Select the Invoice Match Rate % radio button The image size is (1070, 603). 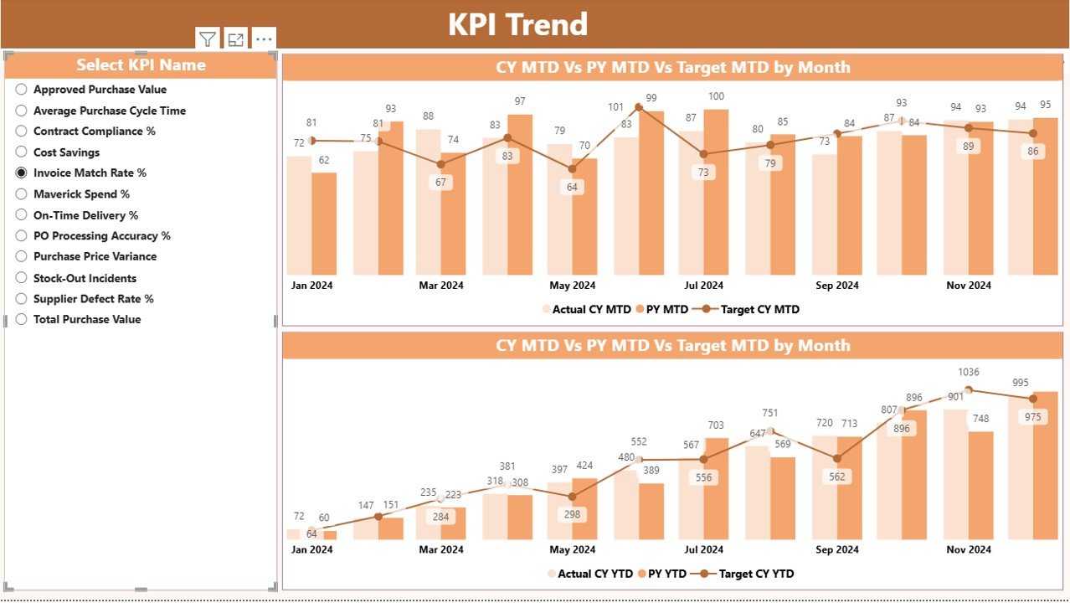(x=22, y=173)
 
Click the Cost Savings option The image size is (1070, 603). (x=66, y=152)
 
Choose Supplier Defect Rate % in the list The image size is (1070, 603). (x=93, y=299)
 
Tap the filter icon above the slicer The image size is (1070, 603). (x=208, y=39)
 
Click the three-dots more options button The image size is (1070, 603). (x=264, y=39)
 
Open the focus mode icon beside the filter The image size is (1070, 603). (x=236, y=39)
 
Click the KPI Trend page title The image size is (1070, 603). (x=517, y=24)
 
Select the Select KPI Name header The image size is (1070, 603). (x=141, y=65)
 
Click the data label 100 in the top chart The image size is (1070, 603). (x=716, y=97)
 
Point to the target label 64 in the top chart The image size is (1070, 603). (x=573, y=187)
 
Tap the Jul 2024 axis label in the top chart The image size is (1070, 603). (x=703, y=286)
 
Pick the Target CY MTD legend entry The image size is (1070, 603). (x=759, y=310)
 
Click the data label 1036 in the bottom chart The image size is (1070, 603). (x=968, y=372)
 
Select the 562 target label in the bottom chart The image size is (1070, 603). (x=836, y=477)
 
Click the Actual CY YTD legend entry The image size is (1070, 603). (x=592, y=575)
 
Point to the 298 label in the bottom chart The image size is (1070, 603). (x=573, y=514)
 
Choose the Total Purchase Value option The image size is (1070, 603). (x=86, y=320)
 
